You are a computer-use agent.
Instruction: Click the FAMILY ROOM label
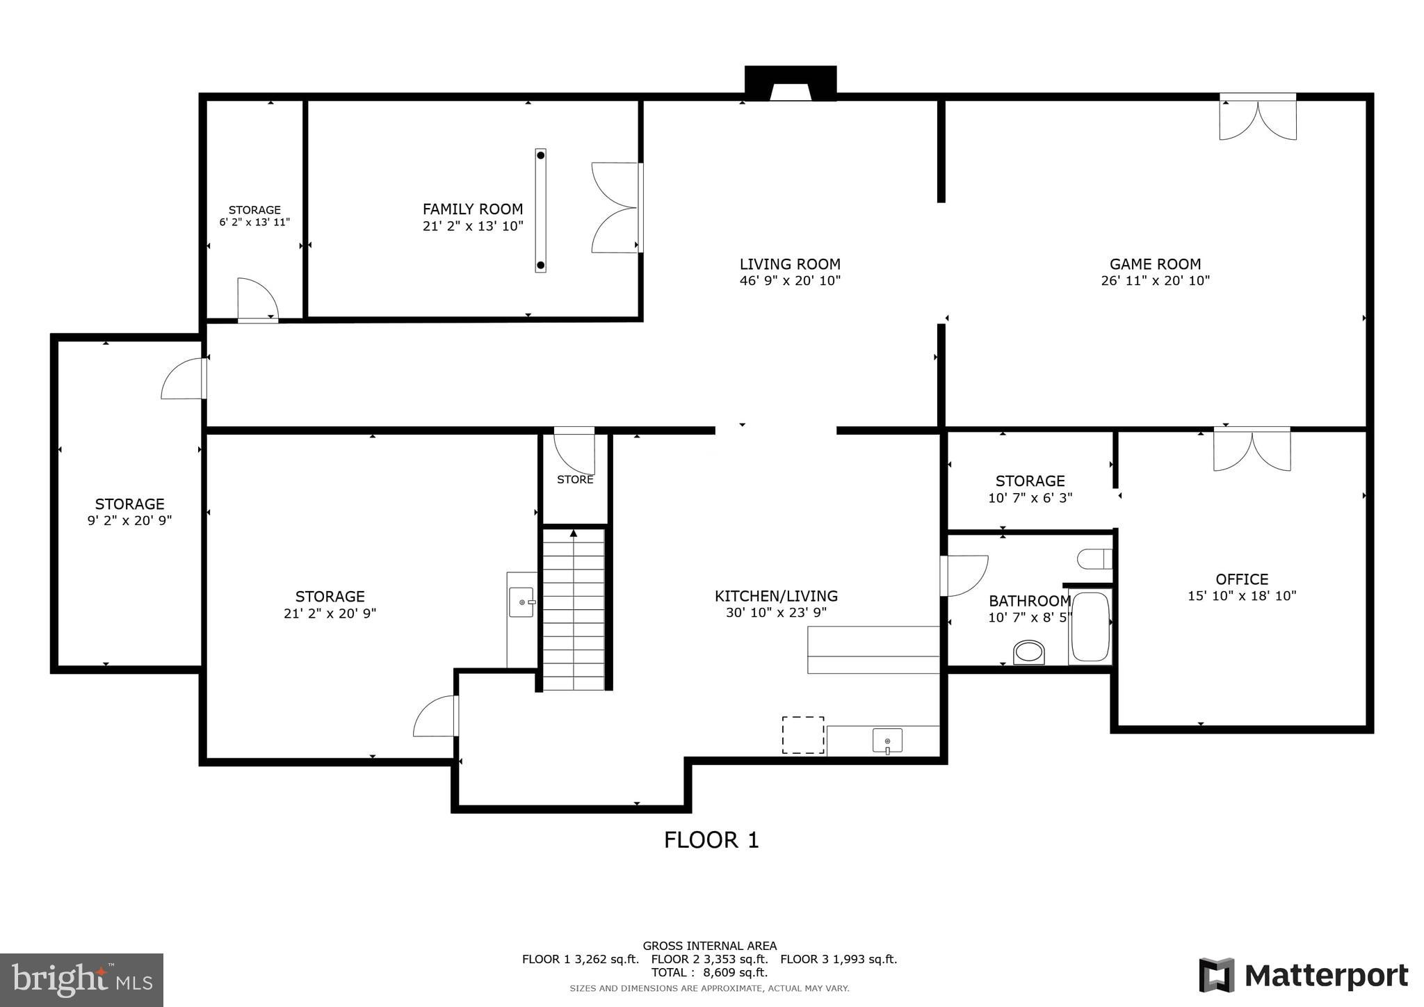(x=472, y=209)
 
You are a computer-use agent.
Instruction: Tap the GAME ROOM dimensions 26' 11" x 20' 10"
(x=1155, y=281)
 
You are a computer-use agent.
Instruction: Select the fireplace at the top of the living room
(x=790, y=84)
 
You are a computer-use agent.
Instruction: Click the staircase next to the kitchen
(x=573, y=609)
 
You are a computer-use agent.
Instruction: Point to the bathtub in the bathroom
(x=1090, y=627)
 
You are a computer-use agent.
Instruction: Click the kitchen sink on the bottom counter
(x=887, y=741)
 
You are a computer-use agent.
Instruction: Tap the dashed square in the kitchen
(x=802, y=735)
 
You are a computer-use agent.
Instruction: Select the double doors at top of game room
(x=1257, y=118)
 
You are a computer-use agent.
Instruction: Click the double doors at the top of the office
(x=1252, y=450)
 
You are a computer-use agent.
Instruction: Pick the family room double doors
(x=615, y=207)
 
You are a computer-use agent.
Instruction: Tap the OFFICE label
(x=1242, y=579)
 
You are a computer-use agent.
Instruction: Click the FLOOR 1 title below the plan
(x=711, y=840)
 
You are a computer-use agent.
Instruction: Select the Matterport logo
(x=1303, y=975)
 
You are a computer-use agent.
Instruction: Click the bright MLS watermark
(x=81, y=980)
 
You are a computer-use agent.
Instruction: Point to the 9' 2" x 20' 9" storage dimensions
(x=129, y=521)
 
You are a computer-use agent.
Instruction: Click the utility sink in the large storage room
(x=521, y=602)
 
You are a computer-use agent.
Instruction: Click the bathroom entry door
(x=963, y=575)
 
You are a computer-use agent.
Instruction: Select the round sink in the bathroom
(x=1028, y=652)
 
